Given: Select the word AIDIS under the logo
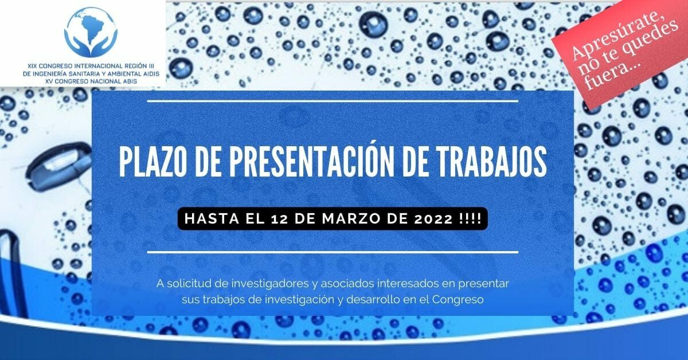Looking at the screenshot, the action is click(151, 74).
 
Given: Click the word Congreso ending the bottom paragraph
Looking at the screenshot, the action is click(458, 299).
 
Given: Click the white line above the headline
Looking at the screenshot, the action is click(333, 101).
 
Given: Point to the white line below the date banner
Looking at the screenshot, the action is click(333, 252).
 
